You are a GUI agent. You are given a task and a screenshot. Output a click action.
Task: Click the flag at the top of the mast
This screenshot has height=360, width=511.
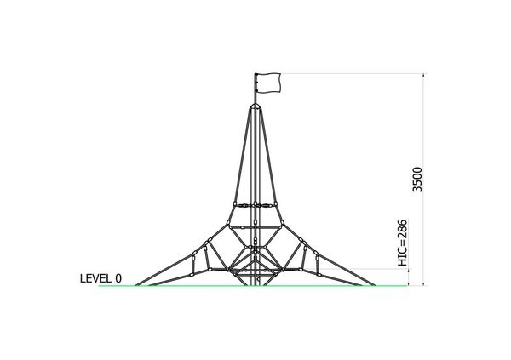(x=268, y=83)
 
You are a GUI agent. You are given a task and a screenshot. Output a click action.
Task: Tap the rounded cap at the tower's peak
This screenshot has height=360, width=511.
(x=255, y=106)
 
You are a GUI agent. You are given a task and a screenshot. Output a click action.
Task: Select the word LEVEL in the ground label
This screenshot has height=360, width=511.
(x=95, y=278)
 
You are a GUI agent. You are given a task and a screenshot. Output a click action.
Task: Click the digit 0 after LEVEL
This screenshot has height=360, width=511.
(x=118, y=278)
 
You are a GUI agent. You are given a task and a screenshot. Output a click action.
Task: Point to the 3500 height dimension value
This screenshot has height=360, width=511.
(x=417, y=180)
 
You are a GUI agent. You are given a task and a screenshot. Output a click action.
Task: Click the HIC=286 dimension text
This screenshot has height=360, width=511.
(x=403, y=243)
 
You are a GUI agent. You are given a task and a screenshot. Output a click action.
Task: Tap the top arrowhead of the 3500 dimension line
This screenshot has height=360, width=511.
(x=423, y=76)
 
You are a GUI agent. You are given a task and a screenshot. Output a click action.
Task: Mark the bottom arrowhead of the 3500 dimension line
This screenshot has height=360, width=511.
(x=423, y=283)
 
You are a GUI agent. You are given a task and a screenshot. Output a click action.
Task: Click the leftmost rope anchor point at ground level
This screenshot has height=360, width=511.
(x=137, y=285)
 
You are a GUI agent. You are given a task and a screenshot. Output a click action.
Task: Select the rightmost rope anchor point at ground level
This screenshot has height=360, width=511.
(x=373, y=285)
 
